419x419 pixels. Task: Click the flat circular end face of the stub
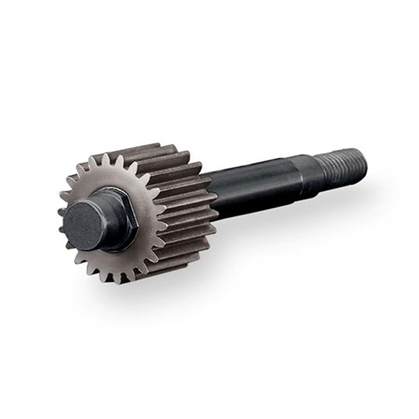[82, 226]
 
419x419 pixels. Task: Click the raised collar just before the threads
[307, 175]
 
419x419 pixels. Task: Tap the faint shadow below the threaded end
[349, 192]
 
